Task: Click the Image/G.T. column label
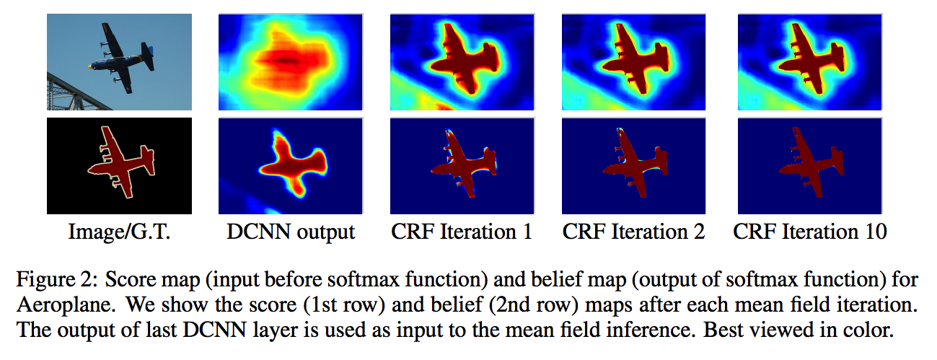tap(119, 232)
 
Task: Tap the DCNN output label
tap(291, 232)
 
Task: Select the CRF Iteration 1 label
tap(462, 232)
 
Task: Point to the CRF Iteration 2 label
tap(633, 232)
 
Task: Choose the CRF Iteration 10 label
tap(810, 232)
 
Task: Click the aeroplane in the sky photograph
tap(120, 58)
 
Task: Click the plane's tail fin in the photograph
tap(147, 56)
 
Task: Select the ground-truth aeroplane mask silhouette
tap(121, 163)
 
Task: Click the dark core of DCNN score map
tap(284, 61)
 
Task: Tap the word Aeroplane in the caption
tap(65, 305)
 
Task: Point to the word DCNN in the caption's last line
tap(214, 330)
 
